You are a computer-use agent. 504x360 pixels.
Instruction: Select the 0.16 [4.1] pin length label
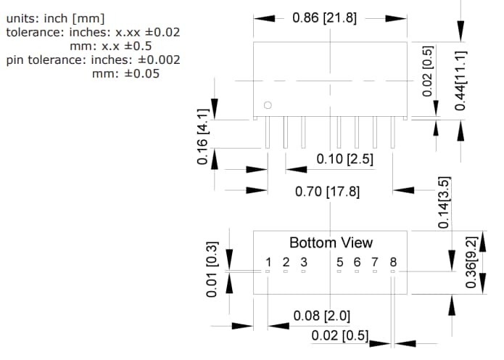pos(203,136)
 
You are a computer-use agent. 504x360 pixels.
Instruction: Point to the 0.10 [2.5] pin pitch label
pos(345,159)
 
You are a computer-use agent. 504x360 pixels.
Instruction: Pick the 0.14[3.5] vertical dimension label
pos(445,202)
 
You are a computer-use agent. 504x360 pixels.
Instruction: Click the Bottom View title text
pos(331,242)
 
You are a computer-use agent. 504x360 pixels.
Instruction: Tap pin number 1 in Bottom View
pos(268,262)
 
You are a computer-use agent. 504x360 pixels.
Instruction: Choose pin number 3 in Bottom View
pos(304,262)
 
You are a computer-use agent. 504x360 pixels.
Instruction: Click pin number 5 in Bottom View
pos(339,262)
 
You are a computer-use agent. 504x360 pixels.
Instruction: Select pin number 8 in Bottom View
pos(393,262)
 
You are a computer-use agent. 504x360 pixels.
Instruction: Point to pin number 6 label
pos(357,262)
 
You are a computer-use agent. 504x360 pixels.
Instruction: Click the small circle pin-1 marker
pos(268,106)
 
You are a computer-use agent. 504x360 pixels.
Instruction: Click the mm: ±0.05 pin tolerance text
pos(125,73)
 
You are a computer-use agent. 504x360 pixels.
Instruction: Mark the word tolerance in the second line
pos(36,32)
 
